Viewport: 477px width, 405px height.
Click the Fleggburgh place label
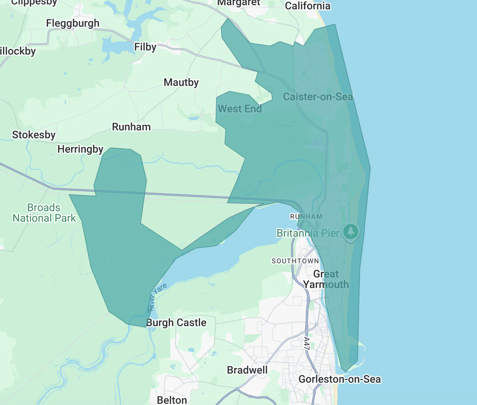[73, 23]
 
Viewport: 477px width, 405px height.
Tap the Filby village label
[145, 47]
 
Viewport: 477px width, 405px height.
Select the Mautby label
[181, 82]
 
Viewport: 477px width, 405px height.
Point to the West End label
[240, 109]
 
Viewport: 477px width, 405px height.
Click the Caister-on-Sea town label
[318, 97]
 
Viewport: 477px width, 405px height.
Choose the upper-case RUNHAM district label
[306, 216]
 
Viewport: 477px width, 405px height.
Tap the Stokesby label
[34, 135]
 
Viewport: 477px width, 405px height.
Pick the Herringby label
[80, 149]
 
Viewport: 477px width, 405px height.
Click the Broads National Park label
[44, 213]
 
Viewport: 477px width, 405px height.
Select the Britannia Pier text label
[307, 233]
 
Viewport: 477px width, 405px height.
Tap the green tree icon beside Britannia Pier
[351, 231]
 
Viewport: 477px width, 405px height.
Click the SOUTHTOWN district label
[295, 261]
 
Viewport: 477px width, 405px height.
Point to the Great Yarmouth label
[326, 279]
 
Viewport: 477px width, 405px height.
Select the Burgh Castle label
[176, 323]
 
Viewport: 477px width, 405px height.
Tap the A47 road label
[307, 344]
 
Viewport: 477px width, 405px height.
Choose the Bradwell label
[247, 370]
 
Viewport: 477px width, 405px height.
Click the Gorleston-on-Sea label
[339, 379]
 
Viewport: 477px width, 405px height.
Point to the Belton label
[172, 400]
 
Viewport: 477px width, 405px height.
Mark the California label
[307, 6]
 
